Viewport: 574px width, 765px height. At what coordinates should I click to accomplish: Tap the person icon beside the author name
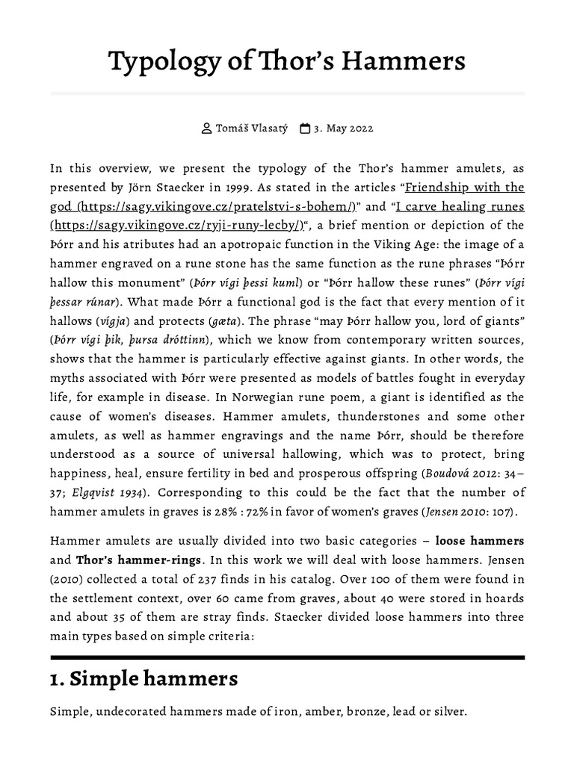point(207,128)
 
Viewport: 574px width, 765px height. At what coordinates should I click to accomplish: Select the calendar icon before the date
point(305,128)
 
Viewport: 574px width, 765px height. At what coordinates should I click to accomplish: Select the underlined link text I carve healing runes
point(460,206)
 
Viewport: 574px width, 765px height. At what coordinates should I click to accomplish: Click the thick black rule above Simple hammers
point(287,657)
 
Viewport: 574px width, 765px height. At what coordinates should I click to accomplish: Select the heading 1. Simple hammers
point(144,679)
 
